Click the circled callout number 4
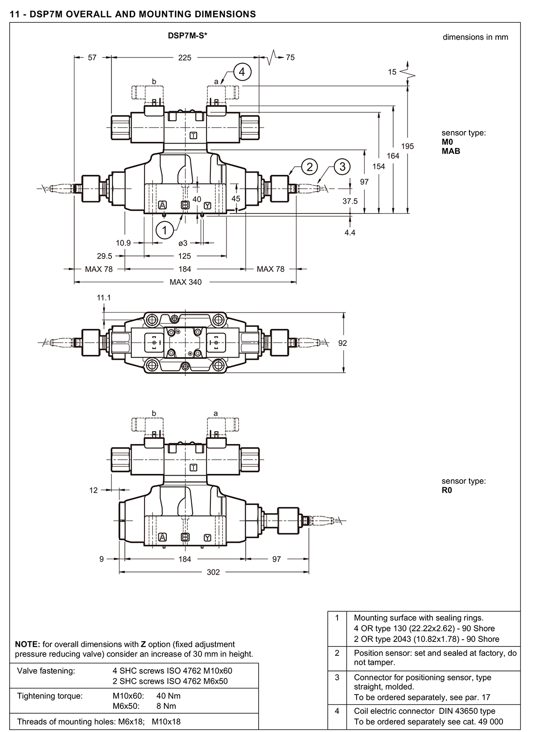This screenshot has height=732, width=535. coord(242,72)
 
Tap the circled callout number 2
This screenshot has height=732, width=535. coord(309,167)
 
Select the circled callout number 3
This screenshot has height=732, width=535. coord(342,167)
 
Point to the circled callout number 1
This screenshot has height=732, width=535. coord(165,230)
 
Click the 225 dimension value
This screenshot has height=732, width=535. coord(185,58)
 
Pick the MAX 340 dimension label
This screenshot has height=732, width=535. coord(185,282)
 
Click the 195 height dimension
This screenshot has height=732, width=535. coord(407,146)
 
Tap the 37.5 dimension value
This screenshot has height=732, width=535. coord(350,201)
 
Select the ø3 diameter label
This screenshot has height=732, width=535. coord(183,243)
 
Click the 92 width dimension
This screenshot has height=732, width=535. coord(342,343)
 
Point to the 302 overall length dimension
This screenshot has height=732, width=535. coord(214,572)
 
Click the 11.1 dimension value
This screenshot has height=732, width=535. coord(103,298)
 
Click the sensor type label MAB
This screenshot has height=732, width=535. coord(451,151)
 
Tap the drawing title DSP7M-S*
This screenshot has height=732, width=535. coord(187,36)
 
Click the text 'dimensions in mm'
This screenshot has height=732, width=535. coord(475,37)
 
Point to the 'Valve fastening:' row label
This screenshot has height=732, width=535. coord(46,670)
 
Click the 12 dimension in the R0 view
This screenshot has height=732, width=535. coord(94,490)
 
